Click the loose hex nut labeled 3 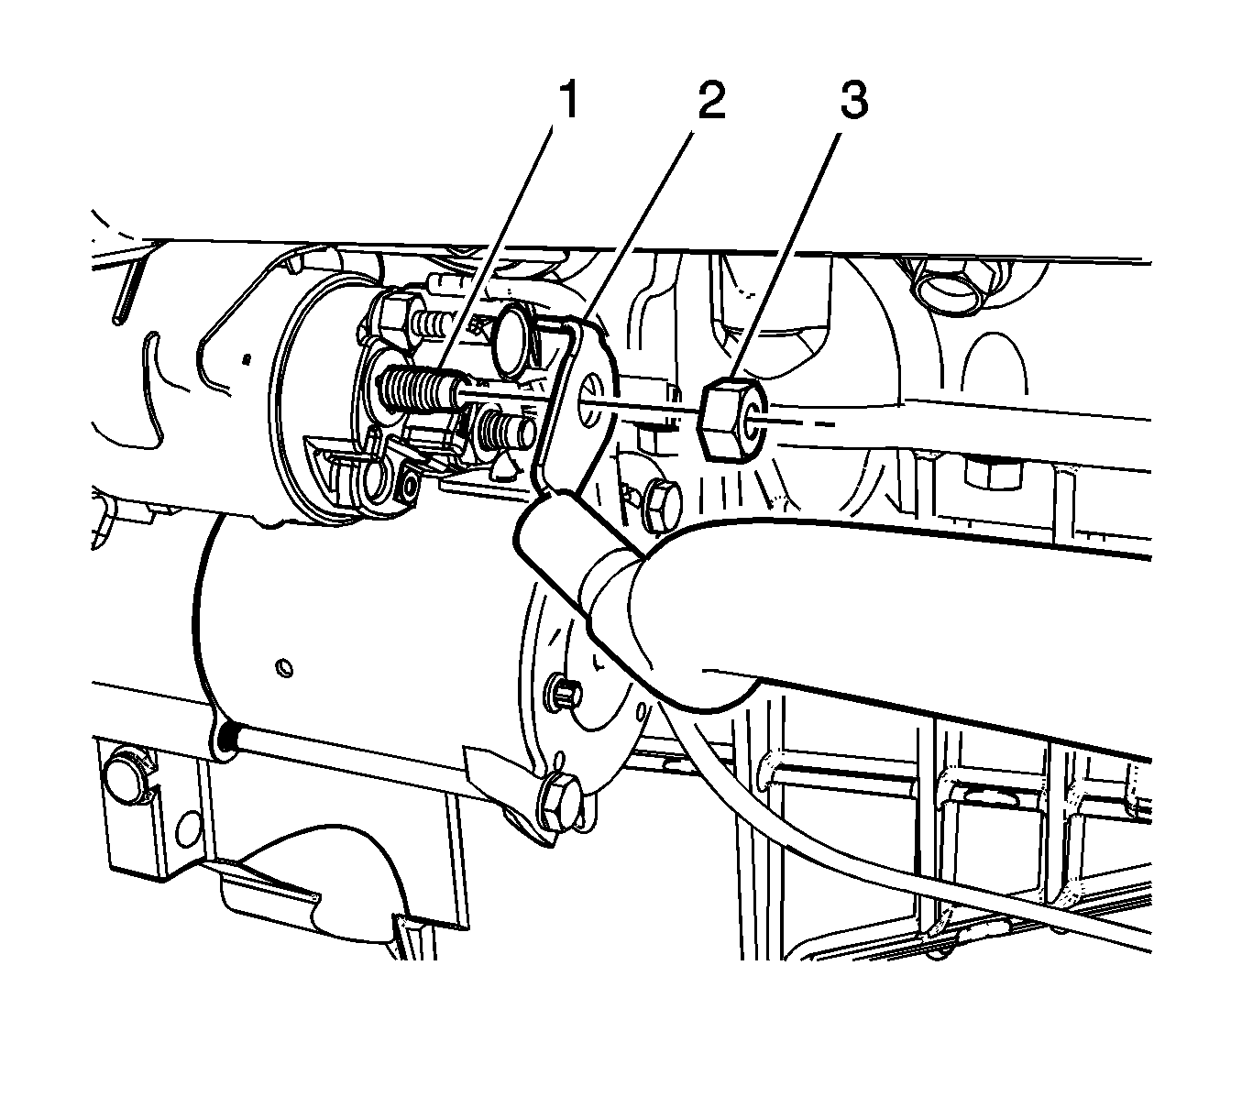tap(731, 420)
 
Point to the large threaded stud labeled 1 tap(419, 395)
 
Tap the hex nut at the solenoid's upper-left tap(395, 320)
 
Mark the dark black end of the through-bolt tap(230, 739)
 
